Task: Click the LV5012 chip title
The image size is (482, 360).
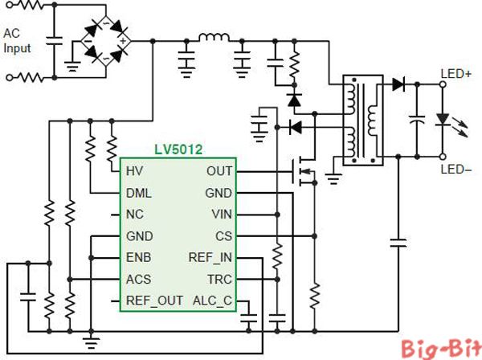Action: [x=179, y=149]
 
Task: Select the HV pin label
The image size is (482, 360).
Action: [x=134, y=171]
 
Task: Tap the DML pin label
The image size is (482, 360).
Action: [x=139, y=193]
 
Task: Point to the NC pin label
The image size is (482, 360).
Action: [x=135, y=215]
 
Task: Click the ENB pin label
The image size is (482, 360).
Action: [x=139, y=258]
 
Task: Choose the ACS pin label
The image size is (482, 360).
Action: [x=139, y=279]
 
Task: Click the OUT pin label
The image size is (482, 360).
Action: [x=219, y=171]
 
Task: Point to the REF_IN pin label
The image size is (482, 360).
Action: [x=210, y=258]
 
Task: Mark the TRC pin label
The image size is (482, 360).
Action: [x=219, y=279]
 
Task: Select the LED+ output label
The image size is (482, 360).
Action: [x=455, y=74]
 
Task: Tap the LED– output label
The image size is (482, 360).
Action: [x=455, y=170]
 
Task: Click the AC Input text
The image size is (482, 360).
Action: [x=17, y=41]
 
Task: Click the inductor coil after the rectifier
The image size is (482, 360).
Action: [x=214, y=37]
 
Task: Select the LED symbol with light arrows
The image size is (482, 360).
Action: [x=443, y=120]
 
